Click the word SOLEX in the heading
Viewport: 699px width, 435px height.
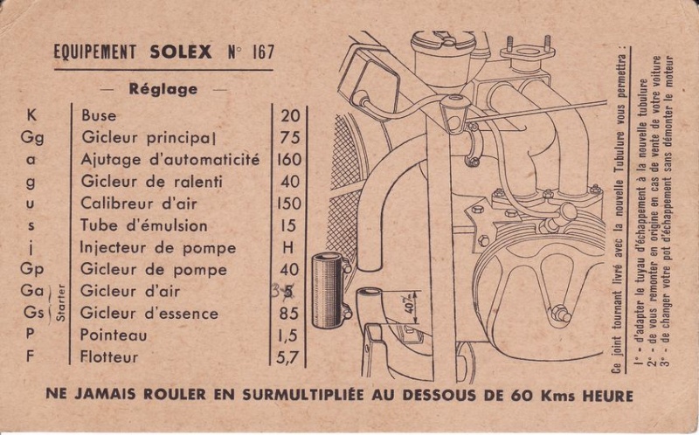[181, 52]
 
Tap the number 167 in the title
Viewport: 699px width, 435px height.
[263, 52]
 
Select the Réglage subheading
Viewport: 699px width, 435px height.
[163, 89]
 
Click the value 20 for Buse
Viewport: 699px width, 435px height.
[290, 115]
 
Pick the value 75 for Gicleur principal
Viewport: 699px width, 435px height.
[290, 137]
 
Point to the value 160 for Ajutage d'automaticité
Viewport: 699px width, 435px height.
[289, 159]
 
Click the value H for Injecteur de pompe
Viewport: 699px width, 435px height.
[288, 247]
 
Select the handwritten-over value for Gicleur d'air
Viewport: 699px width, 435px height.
[283, 291]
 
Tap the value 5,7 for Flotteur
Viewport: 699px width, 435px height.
[287, 357]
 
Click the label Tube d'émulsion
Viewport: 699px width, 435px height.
[143, 225]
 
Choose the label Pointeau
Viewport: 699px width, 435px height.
[114, 335]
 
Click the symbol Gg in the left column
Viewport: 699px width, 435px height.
[32, 137]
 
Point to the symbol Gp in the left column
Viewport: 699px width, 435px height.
[32, 269]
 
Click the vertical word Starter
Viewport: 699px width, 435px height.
[60, 303]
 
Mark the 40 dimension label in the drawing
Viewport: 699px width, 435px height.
[412, 307]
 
